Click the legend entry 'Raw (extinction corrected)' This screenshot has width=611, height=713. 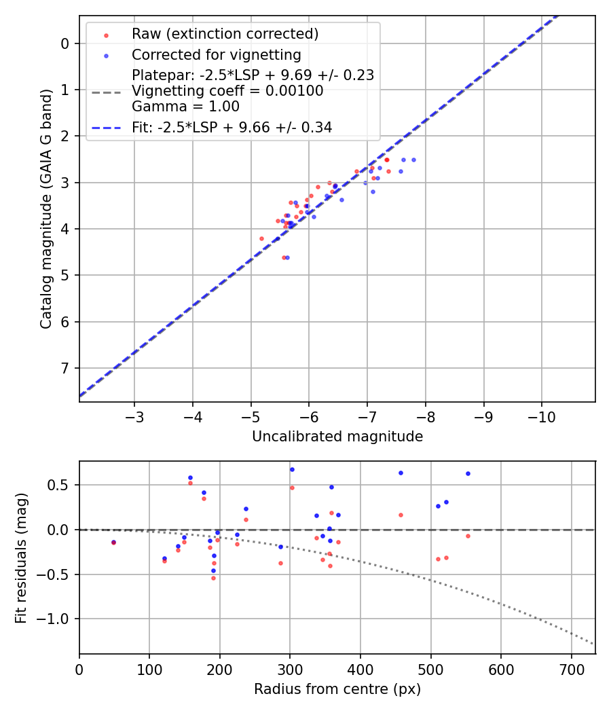click(225, 34)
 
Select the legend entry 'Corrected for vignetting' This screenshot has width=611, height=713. click(216, 54)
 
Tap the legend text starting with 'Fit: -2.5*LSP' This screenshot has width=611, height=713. click(232, 127)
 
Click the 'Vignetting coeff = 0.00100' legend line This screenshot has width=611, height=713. click(227, 91)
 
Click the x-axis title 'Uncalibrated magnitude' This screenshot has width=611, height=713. click(337, 437)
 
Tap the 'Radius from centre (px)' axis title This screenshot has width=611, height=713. click(337, 689)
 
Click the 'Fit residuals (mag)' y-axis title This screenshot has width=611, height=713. click(22, 557)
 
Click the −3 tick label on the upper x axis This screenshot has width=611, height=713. click(134, 414)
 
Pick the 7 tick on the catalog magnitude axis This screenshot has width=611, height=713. click(65, 368)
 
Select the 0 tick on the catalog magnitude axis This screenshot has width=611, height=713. click(65, 43)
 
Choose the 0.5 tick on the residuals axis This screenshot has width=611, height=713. click(62, 485)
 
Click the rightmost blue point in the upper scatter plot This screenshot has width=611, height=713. click(413, 160)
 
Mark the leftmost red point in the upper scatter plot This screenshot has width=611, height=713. click(261, 238)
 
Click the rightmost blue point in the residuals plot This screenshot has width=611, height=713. click(468, 473)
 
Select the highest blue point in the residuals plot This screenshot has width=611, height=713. click(292, 469)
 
